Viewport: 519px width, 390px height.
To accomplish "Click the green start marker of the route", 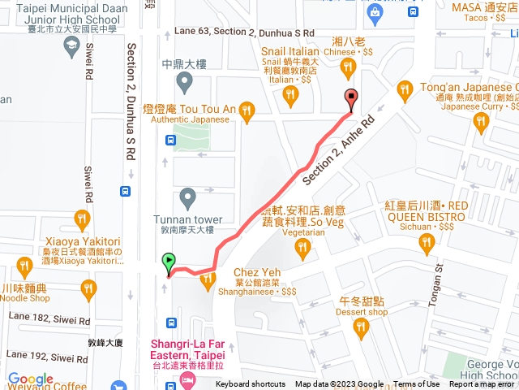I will (x=169, y=262).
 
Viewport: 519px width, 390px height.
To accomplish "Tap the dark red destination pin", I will (x=351, y=98).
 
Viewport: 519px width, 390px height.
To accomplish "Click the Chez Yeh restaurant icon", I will (x=208, y=281).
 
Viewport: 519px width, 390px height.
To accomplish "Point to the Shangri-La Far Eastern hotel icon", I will (x=188, y=379).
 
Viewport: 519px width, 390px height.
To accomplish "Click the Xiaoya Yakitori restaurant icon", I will (x=82, y=219).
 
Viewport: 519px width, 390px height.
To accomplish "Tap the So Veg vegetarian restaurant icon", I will (x=303, y=249).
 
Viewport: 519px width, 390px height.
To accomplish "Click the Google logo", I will (x=31, y=379).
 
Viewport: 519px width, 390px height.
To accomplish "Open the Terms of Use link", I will (x=416, y=384).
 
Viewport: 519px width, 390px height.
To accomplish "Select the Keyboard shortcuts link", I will (x=251, y=384).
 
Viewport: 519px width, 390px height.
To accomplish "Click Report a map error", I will (x=482, y=384).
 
